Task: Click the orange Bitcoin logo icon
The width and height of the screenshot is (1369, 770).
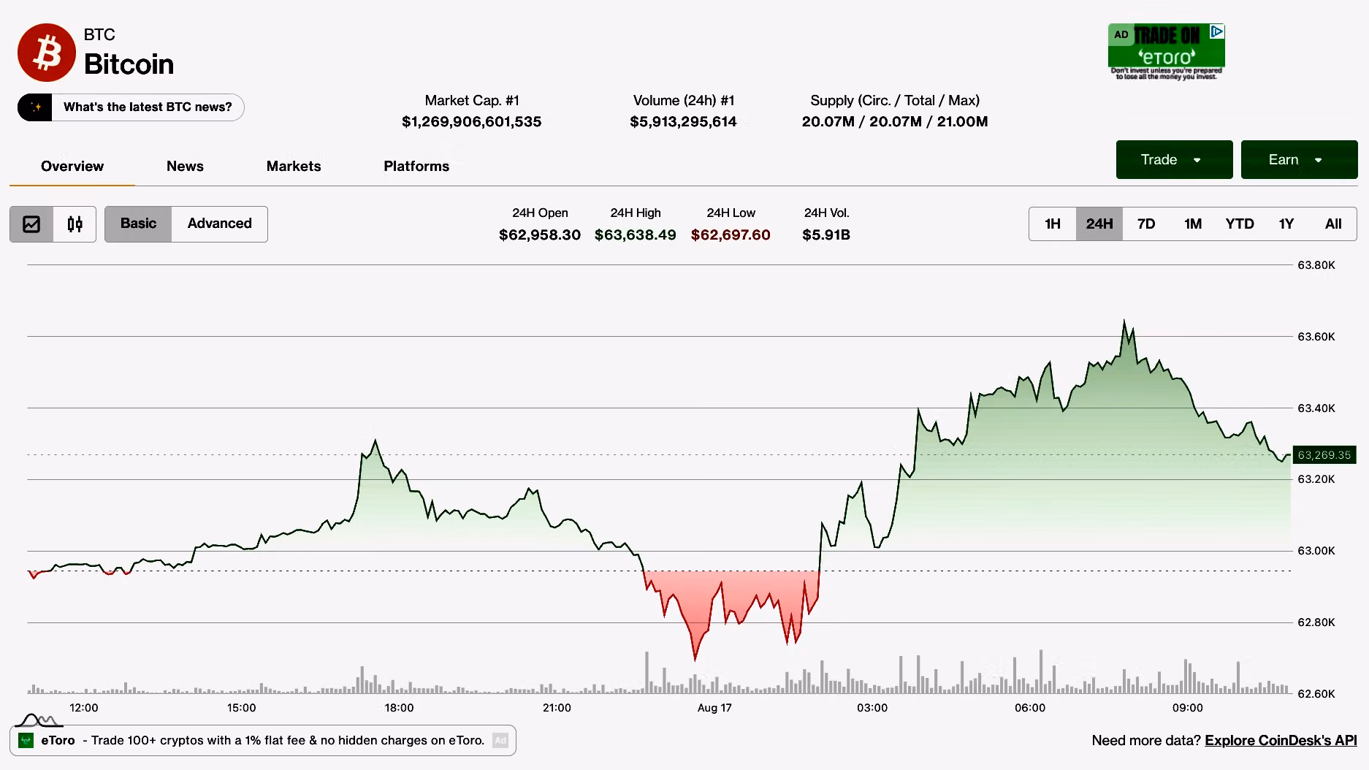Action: [x=46, y=53]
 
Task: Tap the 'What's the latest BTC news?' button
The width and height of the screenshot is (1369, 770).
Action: [x=131, y=107]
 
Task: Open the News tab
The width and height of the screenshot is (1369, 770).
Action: [x=185, y=166]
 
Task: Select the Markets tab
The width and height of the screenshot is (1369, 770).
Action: [x=294, y=166]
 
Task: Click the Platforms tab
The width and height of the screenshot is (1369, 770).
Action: [x=416, y=166]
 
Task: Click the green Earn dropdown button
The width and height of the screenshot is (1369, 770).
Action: [x=1299, y=159]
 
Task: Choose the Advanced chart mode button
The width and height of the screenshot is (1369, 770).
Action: [x=219, y=224]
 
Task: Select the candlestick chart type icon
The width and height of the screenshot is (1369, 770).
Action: [x=75, y=224]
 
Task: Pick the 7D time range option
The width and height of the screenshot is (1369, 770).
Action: [x=1146, y=224]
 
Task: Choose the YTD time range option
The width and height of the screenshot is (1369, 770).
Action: [x=1240, y=224]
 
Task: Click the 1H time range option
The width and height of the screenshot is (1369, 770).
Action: [x=1053, y=224]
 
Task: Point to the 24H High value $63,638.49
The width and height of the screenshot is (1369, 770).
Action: [x=636, y=235]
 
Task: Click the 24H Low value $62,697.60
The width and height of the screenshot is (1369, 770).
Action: [x=731, y=235]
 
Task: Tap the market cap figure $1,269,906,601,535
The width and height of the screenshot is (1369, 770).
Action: [x=472, y=121]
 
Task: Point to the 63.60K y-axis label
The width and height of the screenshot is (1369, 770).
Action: [x=1316, y=337]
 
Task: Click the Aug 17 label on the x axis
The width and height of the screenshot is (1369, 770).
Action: [x=714, y=707]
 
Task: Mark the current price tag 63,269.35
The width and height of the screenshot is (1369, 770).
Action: [x=1324, y=455]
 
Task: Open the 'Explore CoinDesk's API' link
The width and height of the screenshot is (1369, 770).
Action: [x=1281, y=740]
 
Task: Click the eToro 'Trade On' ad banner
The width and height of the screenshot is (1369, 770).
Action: [x=1166, y=52]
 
